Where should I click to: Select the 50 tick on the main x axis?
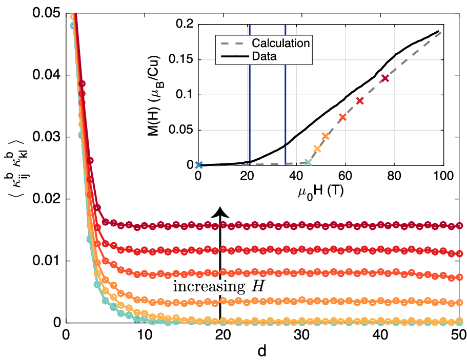(x=459, y=333)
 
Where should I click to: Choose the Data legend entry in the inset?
(x=265, y=56)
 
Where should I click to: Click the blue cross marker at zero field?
(x=199, y=165)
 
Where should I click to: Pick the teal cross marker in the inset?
(x=308, y=162)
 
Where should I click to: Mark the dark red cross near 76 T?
(x=385, y=78)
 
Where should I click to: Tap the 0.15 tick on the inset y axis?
(x=179, y=59)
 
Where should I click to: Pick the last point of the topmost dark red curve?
(x=459, y=225)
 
